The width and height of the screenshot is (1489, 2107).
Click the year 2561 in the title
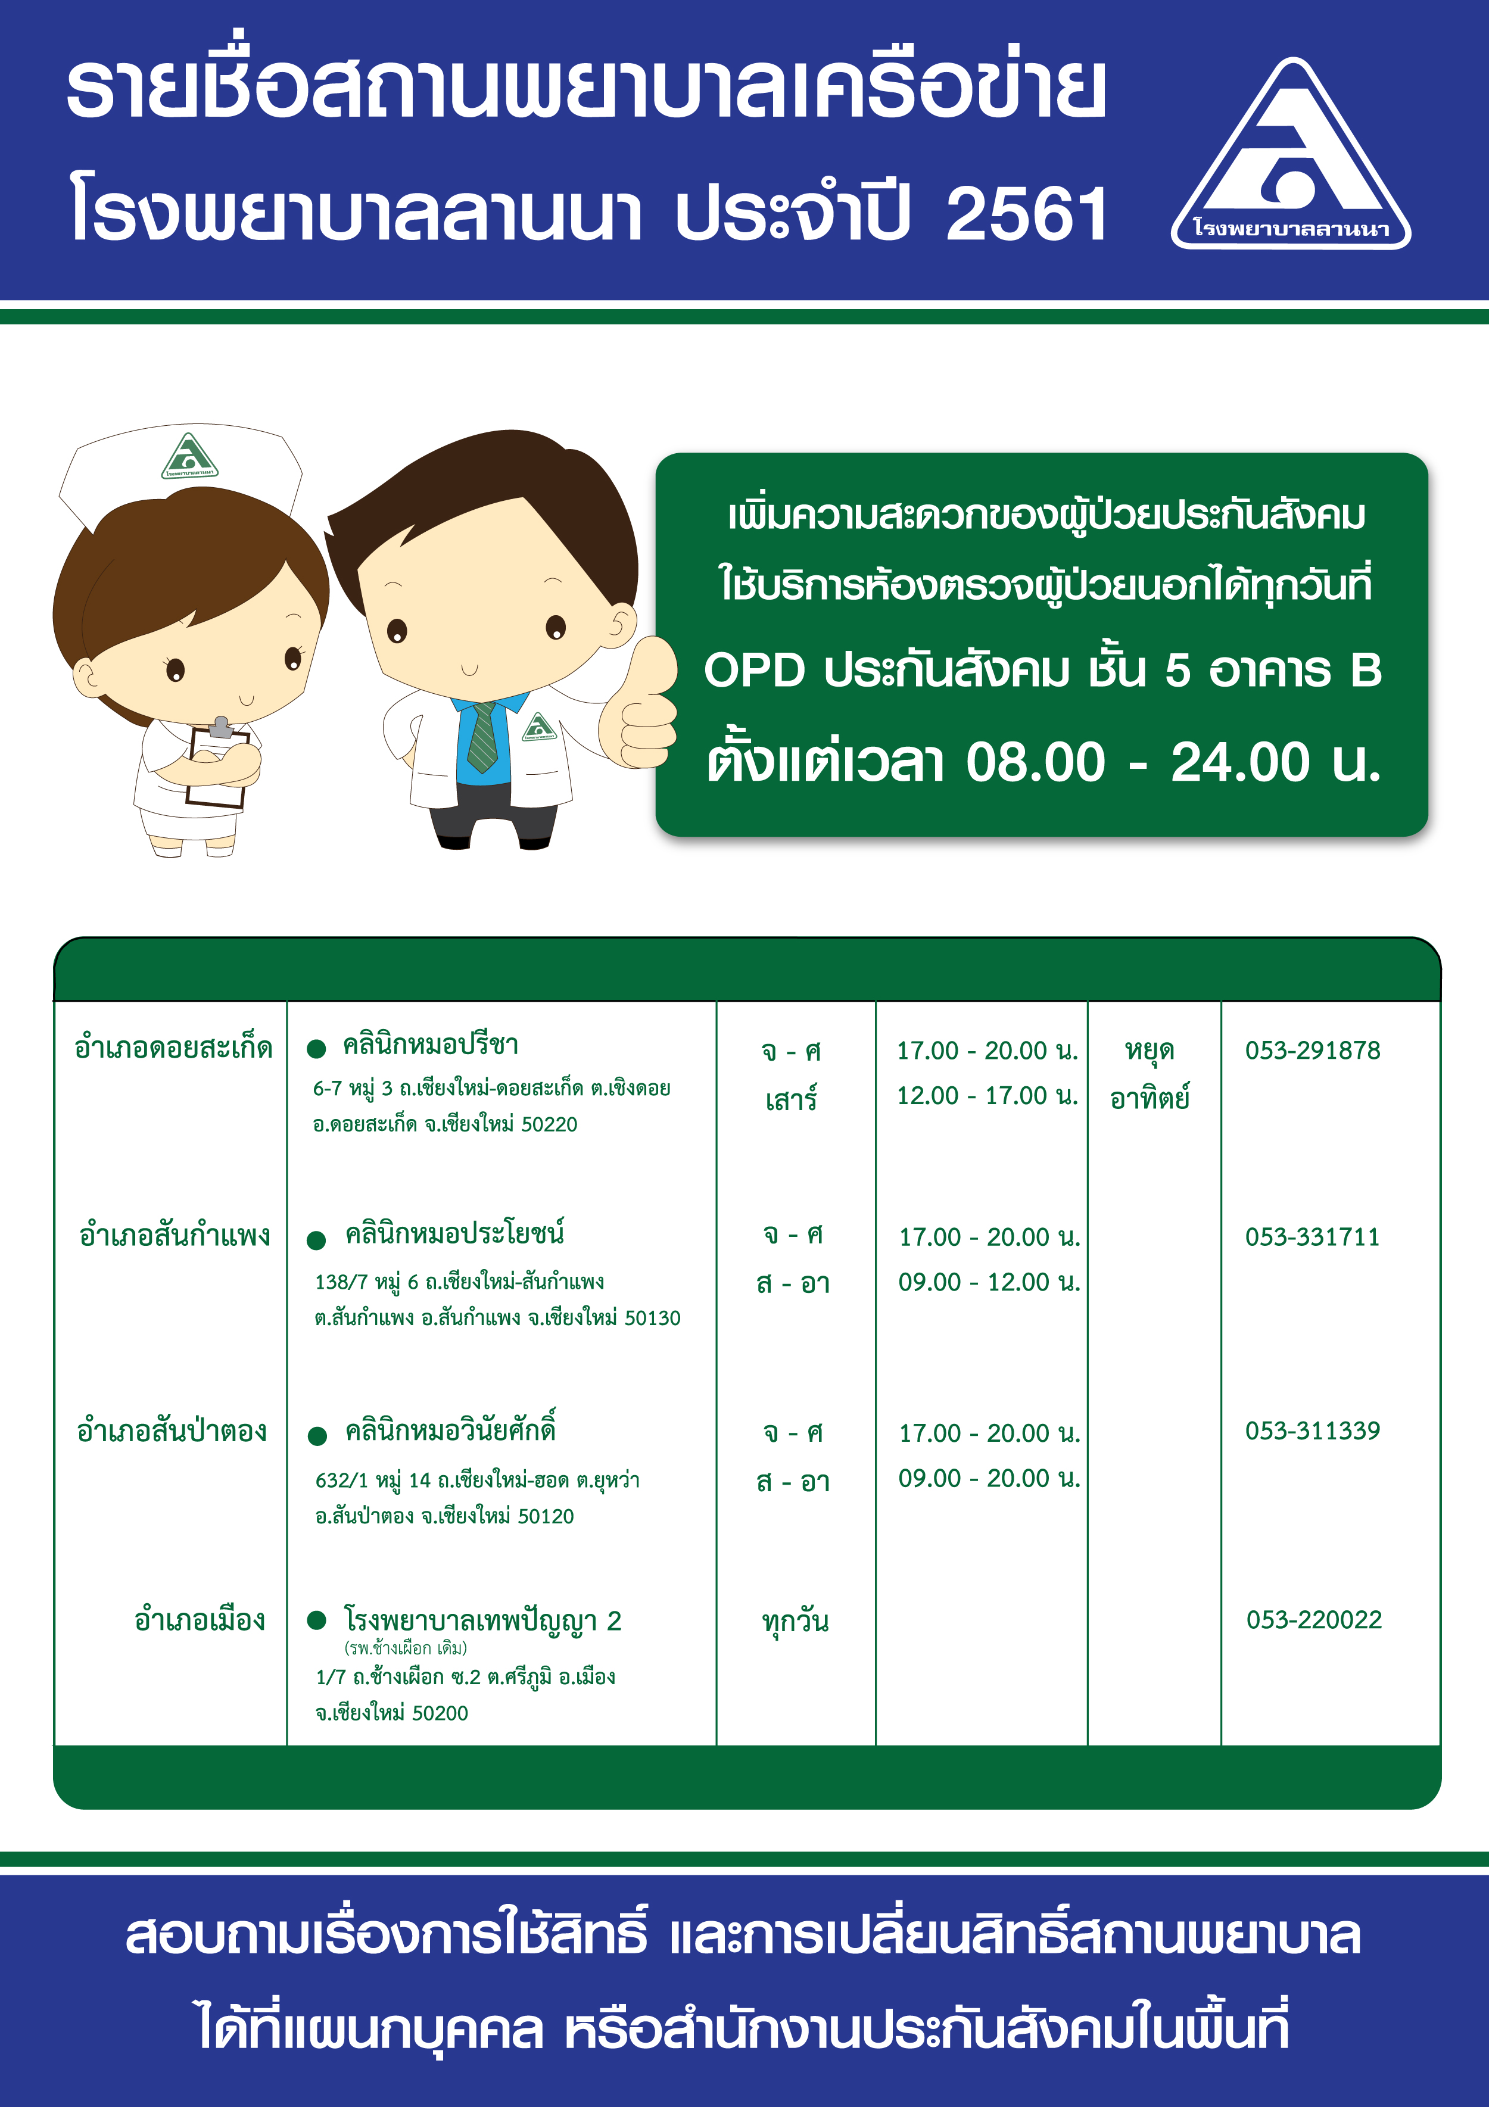point(1026,215)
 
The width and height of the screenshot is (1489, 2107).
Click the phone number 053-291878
point(1313,1051)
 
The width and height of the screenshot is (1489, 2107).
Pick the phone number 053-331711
point(1313,1237)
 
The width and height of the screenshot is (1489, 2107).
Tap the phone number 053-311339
point(1313,1430)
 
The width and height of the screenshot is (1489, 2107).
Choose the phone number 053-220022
point(1314,1620)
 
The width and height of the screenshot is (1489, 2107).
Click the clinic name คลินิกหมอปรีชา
point(431,1045)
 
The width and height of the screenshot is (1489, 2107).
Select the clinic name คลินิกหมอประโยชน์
point(454,1233)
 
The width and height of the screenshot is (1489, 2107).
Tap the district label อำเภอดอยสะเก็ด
point(173,1047)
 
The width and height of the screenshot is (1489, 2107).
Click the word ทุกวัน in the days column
point(795,1622)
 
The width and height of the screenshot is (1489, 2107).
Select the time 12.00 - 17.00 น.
point(988,1096)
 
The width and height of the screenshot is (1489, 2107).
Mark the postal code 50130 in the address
point(653,1319)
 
